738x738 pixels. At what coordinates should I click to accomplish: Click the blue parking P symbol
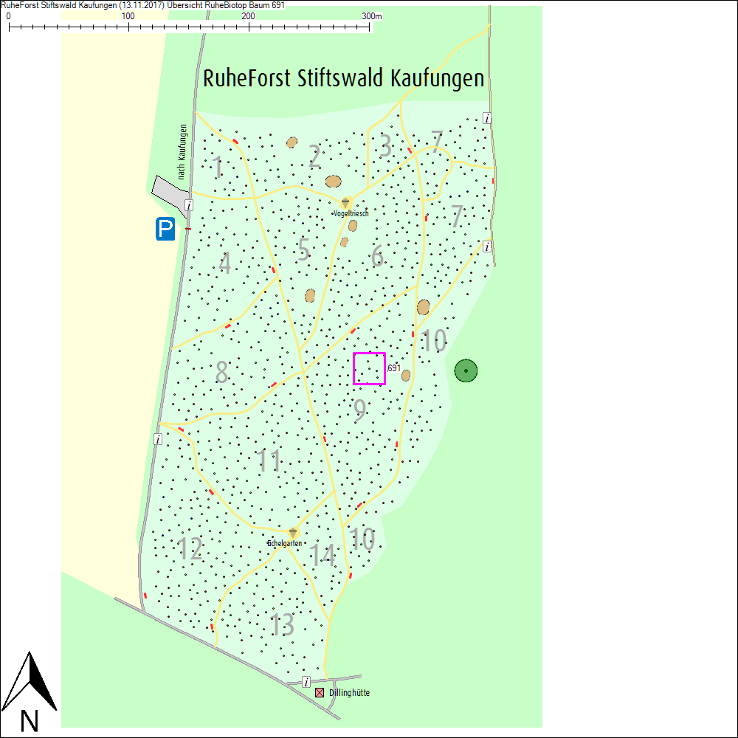point(165,230)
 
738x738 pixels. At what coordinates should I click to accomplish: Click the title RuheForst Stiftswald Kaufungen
point(343,78)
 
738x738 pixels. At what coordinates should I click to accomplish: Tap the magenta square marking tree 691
point(369,368)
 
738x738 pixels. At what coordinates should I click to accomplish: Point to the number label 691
point(393,368)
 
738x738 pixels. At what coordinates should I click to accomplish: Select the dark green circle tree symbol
point(466,370)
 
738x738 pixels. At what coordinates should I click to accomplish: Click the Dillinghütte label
point(349,693)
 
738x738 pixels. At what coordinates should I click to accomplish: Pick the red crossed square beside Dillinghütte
point(320,693)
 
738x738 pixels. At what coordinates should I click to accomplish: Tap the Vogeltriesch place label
point(351,213)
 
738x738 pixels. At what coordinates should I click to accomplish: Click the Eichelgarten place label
point(285,543)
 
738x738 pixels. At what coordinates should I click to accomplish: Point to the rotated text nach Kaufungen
point(182,151)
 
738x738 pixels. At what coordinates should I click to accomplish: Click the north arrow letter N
point(30,720)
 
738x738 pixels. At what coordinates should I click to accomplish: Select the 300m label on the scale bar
point(372,16)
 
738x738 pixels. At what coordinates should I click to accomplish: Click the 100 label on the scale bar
point(128,16)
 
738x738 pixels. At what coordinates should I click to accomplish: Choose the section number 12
point(190,549)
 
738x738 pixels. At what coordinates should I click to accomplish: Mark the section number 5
point(303,250)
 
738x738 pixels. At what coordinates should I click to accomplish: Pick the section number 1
point(218,168)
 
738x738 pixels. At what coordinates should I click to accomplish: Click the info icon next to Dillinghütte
point(306,682)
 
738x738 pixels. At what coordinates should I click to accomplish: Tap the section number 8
point(221,373)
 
